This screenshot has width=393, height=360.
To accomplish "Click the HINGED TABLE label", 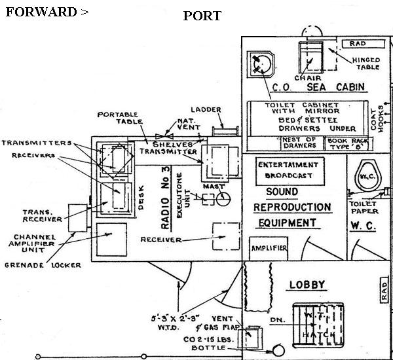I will (x=366, y=64).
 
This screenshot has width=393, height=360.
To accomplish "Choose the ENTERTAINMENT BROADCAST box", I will (x=288, y=170).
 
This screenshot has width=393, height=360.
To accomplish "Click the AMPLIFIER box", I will (x=269, y=249).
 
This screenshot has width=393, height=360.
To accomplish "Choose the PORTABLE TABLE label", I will (x=117, y=118).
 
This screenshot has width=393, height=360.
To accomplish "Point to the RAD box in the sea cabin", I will (x=358, y=43).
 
